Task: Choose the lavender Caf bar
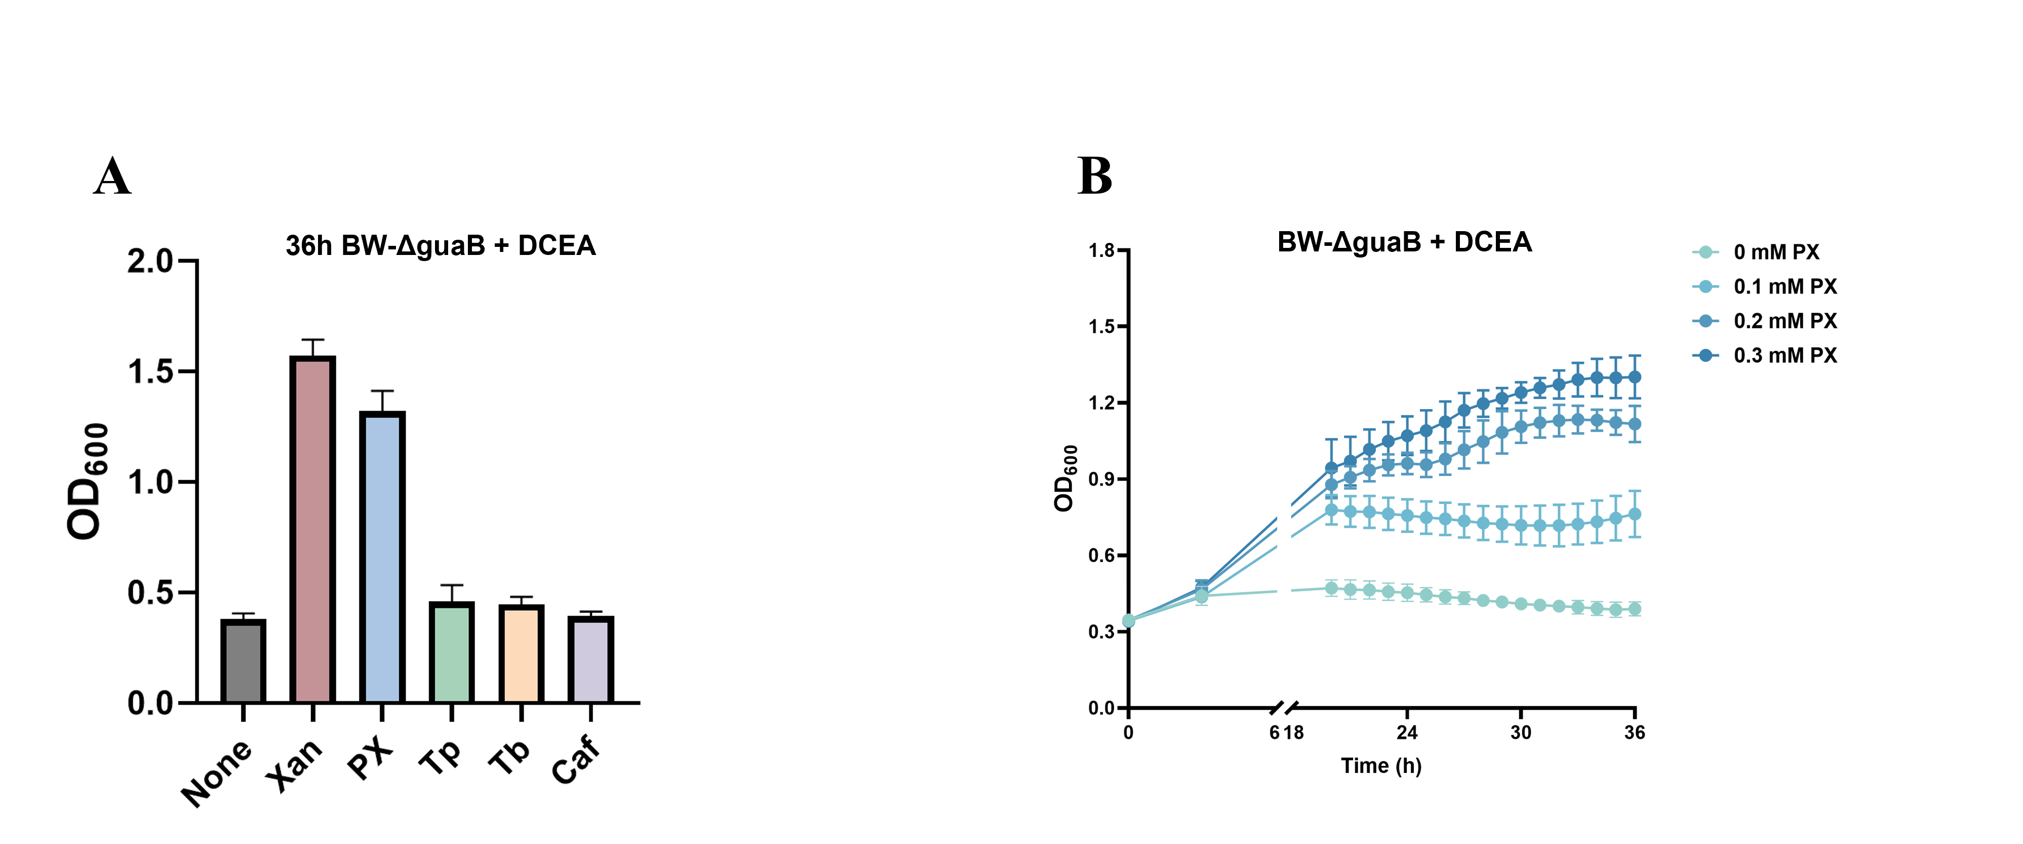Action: click(590, 659)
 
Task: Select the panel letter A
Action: click(112, 177)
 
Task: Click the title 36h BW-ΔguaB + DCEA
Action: click(441, 246)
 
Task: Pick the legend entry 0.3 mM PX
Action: click(1785, 355)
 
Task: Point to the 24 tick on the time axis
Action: click(1407, 732)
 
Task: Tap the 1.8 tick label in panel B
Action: click(1102, 251)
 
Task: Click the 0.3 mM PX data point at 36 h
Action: click(1634, 377)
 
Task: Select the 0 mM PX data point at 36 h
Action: click(1634, 609)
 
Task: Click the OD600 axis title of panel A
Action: click(87, 481)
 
